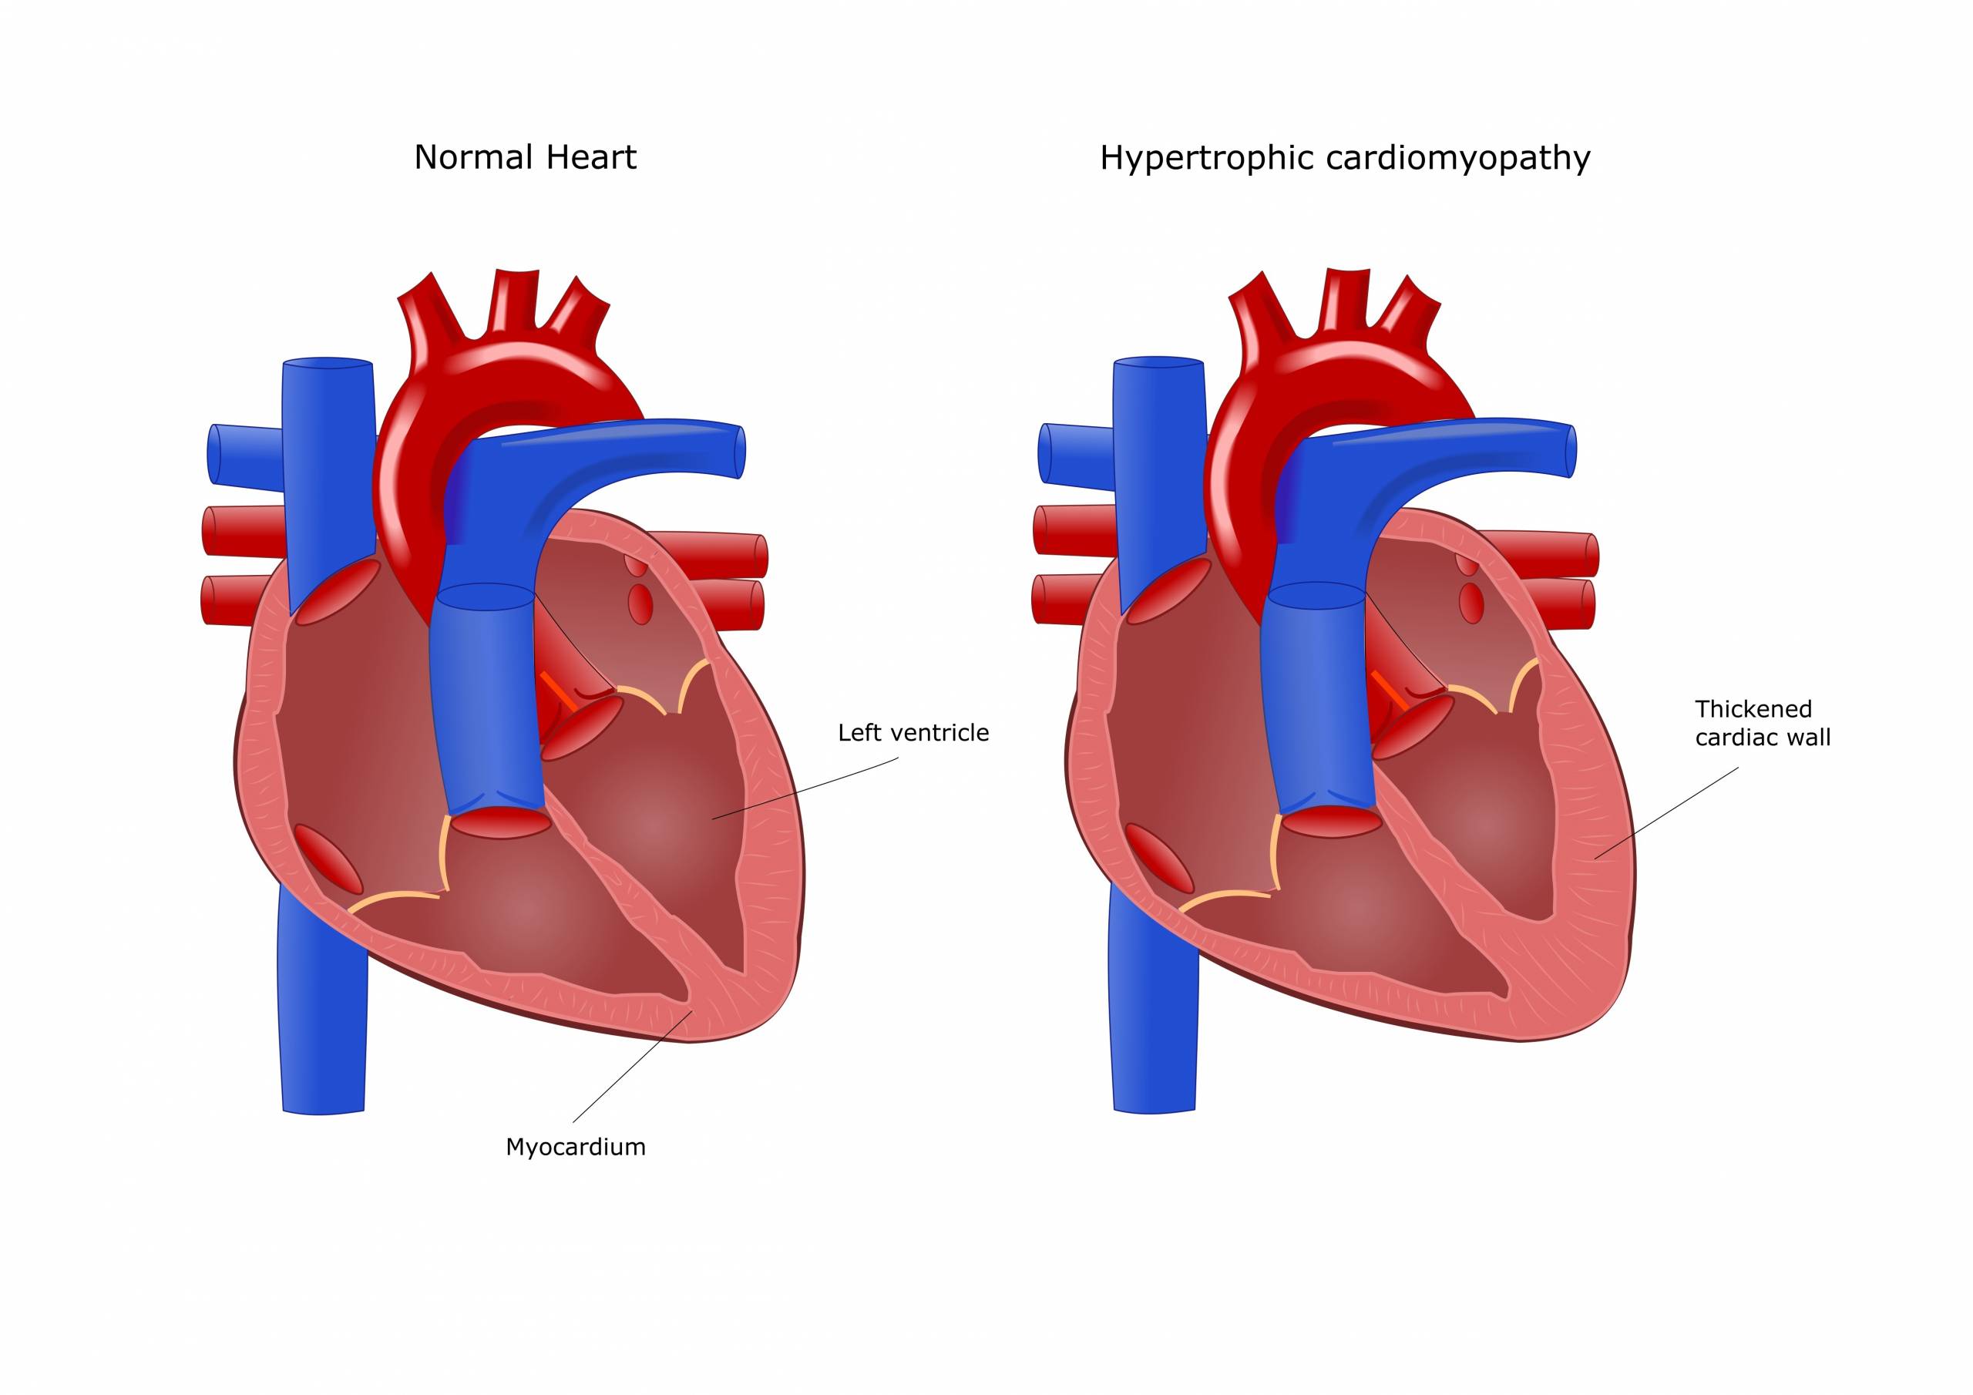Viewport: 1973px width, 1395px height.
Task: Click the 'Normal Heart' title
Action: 525,158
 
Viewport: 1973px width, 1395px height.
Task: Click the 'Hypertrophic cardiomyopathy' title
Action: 1345,158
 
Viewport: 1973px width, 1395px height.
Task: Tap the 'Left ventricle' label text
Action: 913,733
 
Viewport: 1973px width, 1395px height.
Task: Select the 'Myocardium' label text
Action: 575,1148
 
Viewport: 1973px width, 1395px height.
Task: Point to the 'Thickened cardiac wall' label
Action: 1763,723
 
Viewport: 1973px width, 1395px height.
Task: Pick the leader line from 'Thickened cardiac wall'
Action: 1667,812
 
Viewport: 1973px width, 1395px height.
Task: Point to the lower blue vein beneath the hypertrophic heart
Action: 1153,1014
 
